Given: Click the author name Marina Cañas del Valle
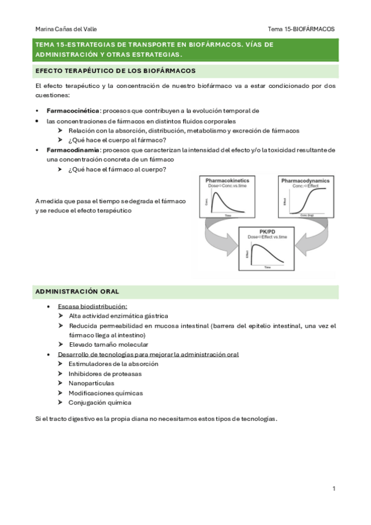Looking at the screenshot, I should (66, 28).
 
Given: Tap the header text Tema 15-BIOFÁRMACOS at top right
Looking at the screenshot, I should (301, 28).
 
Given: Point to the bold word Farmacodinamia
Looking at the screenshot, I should (73, 150).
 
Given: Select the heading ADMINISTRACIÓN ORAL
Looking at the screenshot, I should (77, 291).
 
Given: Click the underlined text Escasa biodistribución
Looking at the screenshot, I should (92, 306).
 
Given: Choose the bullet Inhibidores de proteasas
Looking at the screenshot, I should (105, 373).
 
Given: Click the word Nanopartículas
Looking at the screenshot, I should (91, 383).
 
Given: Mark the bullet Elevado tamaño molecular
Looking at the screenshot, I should (108, 344).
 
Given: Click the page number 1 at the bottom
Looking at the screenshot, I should (333, 489).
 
